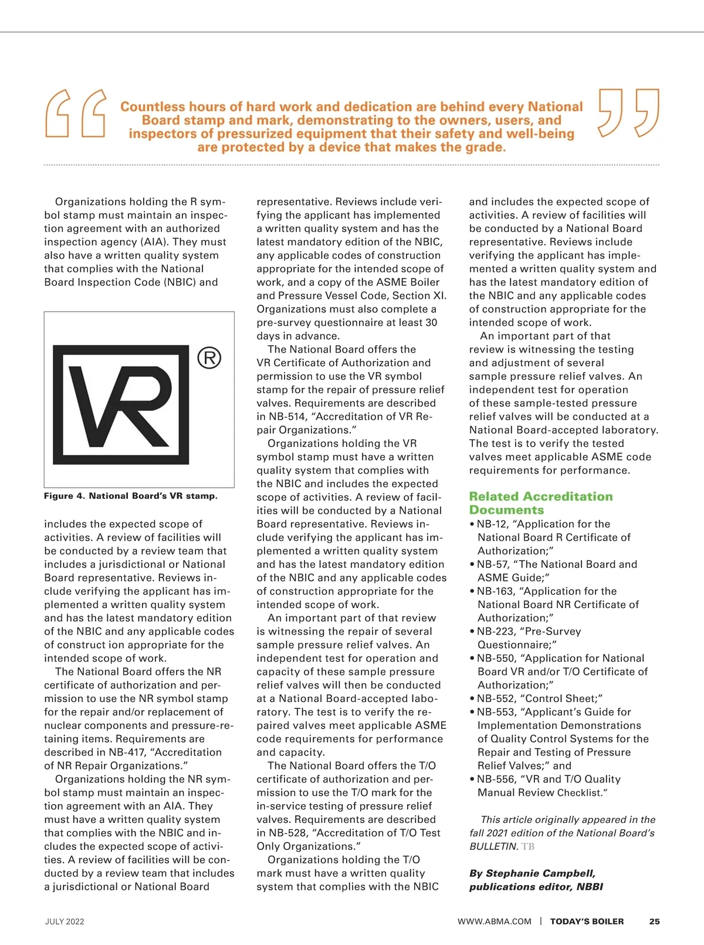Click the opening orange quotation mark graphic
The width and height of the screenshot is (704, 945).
click(76, 113)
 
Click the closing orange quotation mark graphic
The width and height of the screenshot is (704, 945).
click(628, 113)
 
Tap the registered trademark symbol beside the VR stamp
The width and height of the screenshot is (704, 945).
click(209, 357)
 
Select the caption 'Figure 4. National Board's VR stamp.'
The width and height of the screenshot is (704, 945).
click(130, 496)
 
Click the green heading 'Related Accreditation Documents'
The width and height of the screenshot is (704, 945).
click(540, 503)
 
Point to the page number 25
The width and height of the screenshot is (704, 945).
click(654, 922)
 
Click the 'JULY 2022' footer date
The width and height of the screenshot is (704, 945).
click(65, 922)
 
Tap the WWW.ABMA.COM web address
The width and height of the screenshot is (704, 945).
click(495, 922)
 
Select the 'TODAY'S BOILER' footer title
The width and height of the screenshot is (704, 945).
click(587, 922)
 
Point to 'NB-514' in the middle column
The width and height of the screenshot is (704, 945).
click(287, 417)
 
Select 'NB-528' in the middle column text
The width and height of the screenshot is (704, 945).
click(287, 833)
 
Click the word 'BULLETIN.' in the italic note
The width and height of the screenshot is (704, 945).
click(493, 846)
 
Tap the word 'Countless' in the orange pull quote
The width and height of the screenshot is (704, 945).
click(152, 107)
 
